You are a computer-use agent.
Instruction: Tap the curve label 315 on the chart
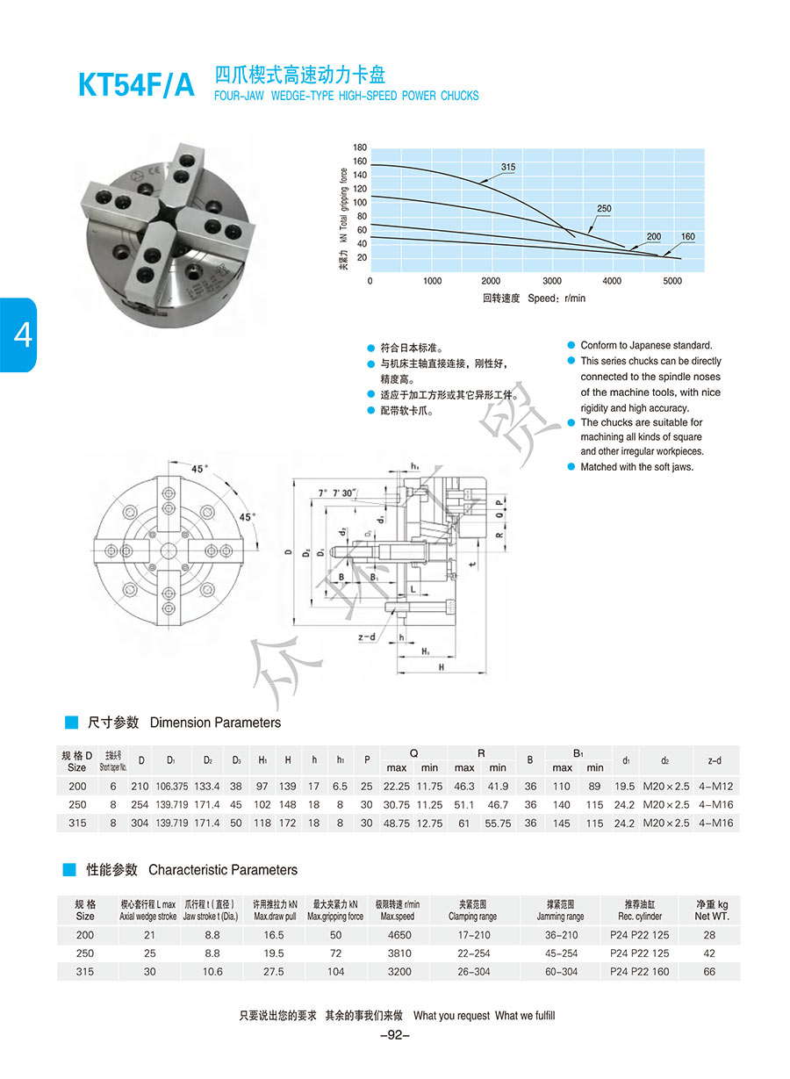click(x=508, y=167)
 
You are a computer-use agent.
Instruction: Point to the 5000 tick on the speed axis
click(x=671, y=281)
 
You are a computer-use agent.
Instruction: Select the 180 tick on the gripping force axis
click(x=360, y=147)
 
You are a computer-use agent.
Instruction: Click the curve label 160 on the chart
click(x=687, y=237)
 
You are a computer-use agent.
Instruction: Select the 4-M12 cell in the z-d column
click(x=715, y=786)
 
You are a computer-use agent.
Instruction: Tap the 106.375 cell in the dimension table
click(x=171, y=786)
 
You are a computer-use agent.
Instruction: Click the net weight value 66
click(x=709, y=972)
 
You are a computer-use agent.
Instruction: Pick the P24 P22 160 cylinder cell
click(x=639, y=972)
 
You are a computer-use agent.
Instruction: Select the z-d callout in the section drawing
click(x=367, y=637)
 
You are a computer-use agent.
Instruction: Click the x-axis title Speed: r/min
click(x=534, y=299)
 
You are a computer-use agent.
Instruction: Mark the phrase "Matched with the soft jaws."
click(x=636, y=467)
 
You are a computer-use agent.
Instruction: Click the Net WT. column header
click(x=711, y=916)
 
